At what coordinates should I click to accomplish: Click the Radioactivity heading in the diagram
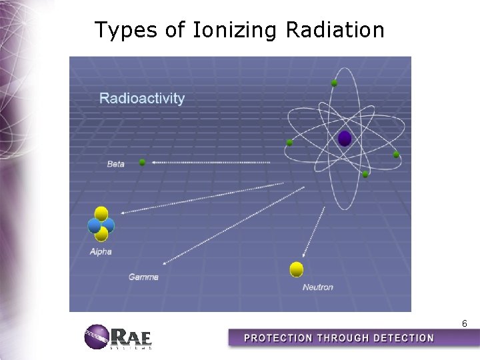[x=142, y=99]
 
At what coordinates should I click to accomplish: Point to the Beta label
[x=115, y=164]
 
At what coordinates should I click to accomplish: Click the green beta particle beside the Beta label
[x=142, y=162]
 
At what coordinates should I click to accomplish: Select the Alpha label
[x=101, y=251]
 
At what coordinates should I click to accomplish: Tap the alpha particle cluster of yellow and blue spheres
[x=101, y=224]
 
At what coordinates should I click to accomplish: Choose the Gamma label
[x=143, y=277]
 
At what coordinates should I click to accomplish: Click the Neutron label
[x=317, y=287]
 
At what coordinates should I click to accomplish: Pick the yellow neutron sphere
[x=297, y=269]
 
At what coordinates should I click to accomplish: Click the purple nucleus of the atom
[x=344, y=138]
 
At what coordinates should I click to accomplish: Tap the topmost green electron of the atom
[x=334, y=83]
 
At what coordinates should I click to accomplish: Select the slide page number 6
[x=464, y=323]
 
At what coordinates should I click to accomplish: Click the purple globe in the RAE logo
[x=96, y=337]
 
